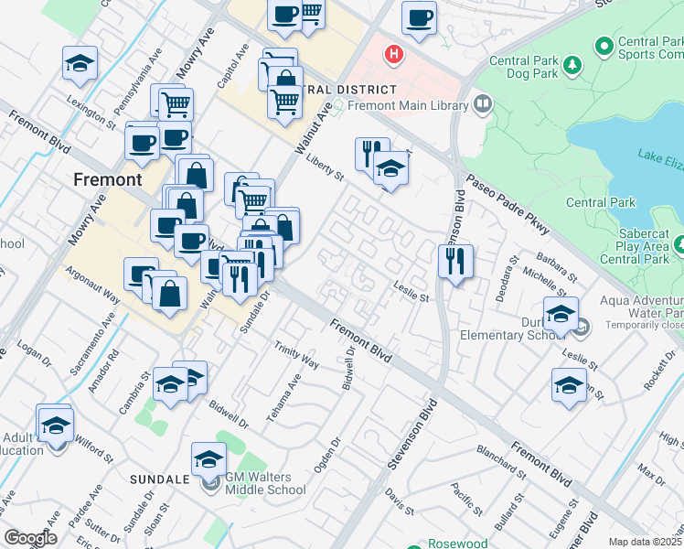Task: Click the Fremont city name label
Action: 108,180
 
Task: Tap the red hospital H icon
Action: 394,55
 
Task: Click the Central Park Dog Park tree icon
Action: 572,65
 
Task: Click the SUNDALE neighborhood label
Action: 158,479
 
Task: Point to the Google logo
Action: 30,537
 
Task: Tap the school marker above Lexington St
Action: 80,64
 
